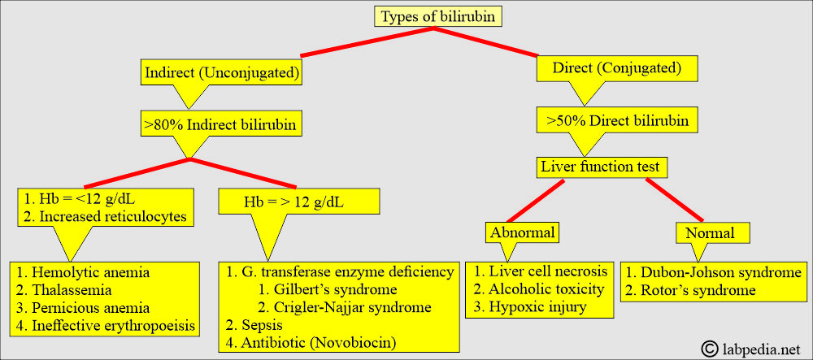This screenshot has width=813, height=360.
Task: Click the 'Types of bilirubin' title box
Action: click(438, 17)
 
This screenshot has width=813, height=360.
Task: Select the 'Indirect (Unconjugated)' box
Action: click(221, 73)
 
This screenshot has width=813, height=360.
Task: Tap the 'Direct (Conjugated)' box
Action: click(616, 68)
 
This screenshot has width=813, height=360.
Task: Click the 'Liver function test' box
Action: click(601, 167)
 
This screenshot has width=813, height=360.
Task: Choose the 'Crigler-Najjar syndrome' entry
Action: click(344, 306)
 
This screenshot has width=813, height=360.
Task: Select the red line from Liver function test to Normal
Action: click(675, 199)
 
